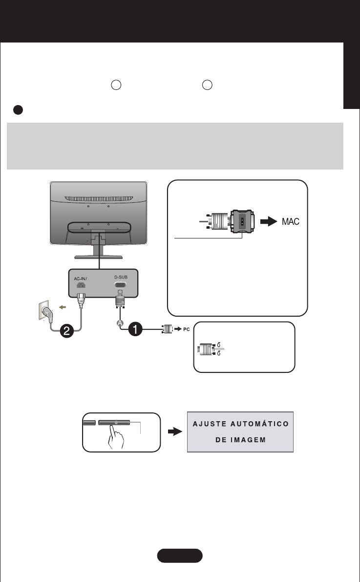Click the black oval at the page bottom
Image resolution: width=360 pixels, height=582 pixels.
click(180, 556)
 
